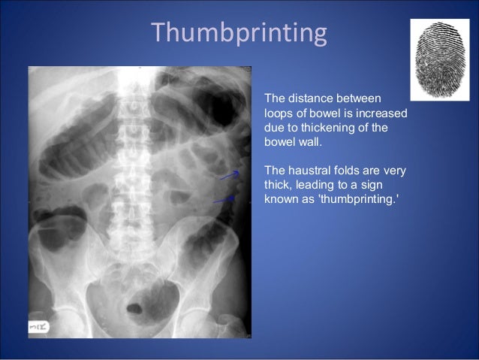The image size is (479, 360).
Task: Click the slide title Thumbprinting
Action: pos(239,34)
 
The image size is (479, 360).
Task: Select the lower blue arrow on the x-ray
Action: pos(223,200)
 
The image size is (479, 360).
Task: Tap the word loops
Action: pos(278,113)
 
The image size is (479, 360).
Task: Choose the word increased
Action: pos(383,113)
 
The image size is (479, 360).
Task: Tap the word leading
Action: pos(319,185)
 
